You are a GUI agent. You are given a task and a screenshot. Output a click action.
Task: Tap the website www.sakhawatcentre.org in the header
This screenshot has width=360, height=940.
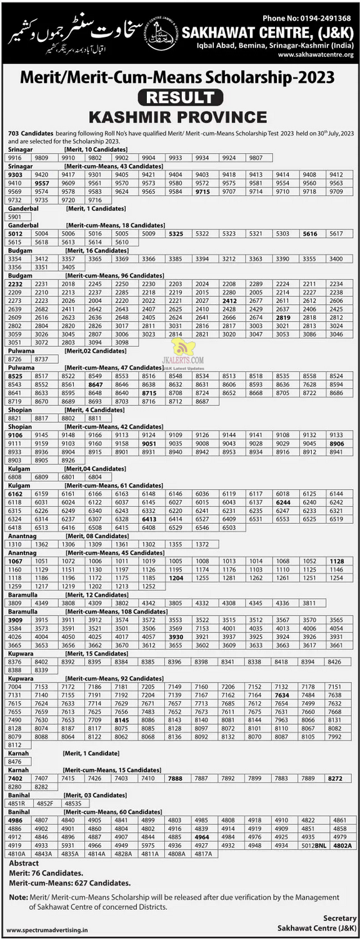(316, 54)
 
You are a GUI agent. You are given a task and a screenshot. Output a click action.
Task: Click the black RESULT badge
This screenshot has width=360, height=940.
(180, 97)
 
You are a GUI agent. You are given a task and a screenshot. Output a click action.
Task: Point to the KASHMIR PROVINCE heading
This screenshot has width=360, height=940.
(178, 117)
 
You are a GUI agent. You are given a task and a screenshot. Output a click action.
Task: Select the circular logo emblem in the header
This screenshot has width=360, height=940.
(161, 31)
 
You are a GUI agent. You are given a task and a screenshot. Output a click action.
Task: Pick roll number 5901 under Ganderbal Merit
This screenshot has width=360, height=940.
(14, 216)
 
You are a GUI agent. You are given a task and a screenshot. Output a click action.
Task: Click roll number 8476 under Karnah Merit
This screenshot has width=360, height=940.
(15, 762)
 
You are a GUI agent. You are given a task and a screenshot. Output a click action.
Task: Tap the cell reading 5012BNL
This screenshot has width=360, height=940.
(314, 845)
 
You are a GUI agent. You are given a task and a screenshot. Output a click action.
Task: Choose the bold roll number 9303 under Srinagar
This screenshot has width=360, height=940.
(14, 174)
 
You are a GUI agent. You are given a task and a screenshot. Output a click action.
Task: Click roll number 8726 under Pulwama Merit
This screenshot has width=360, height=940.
(14, 359)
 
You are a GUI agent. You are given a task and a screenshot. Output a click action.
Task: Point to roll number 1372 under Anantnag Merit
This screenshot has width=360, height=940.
(202, 544)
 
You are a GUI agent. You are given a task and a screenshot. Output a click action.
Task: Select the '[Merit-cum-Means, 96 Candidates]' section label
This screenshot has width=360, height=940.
(113, 275)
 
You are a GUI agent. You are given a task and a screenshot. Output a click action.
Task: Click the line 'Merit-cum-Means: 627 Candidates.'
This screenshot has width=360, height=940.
(69, 883)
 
